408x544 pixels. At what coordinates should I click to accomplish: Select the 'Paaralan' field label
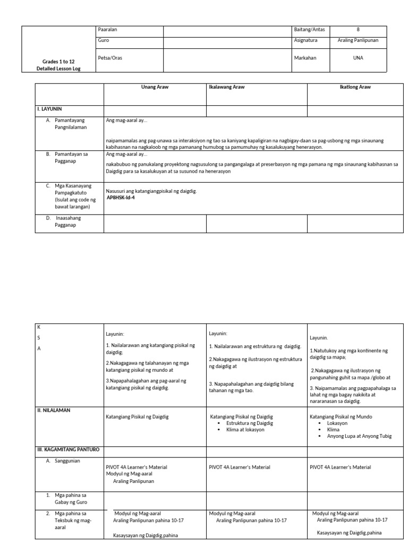click(107, 30)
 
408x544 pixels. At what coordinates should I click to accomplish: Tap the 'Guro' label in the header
click(103, 40)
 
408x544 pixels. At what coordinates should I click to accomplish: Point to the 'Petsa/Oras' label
click(110, 58)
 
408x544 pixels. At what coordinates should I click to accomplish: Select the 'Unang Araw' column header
click(155, 87)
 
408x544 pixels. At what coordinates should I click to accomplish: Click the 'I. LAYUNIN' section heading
click(49, 109)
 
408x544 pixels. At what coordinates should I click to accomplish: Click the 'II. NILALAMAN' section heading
click(54, 410)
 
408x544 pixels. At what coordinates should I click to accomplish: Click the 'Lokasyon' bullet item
click(338, 423)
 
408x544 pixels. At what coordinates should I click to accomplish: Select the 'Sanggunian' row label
click(66, 461)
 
